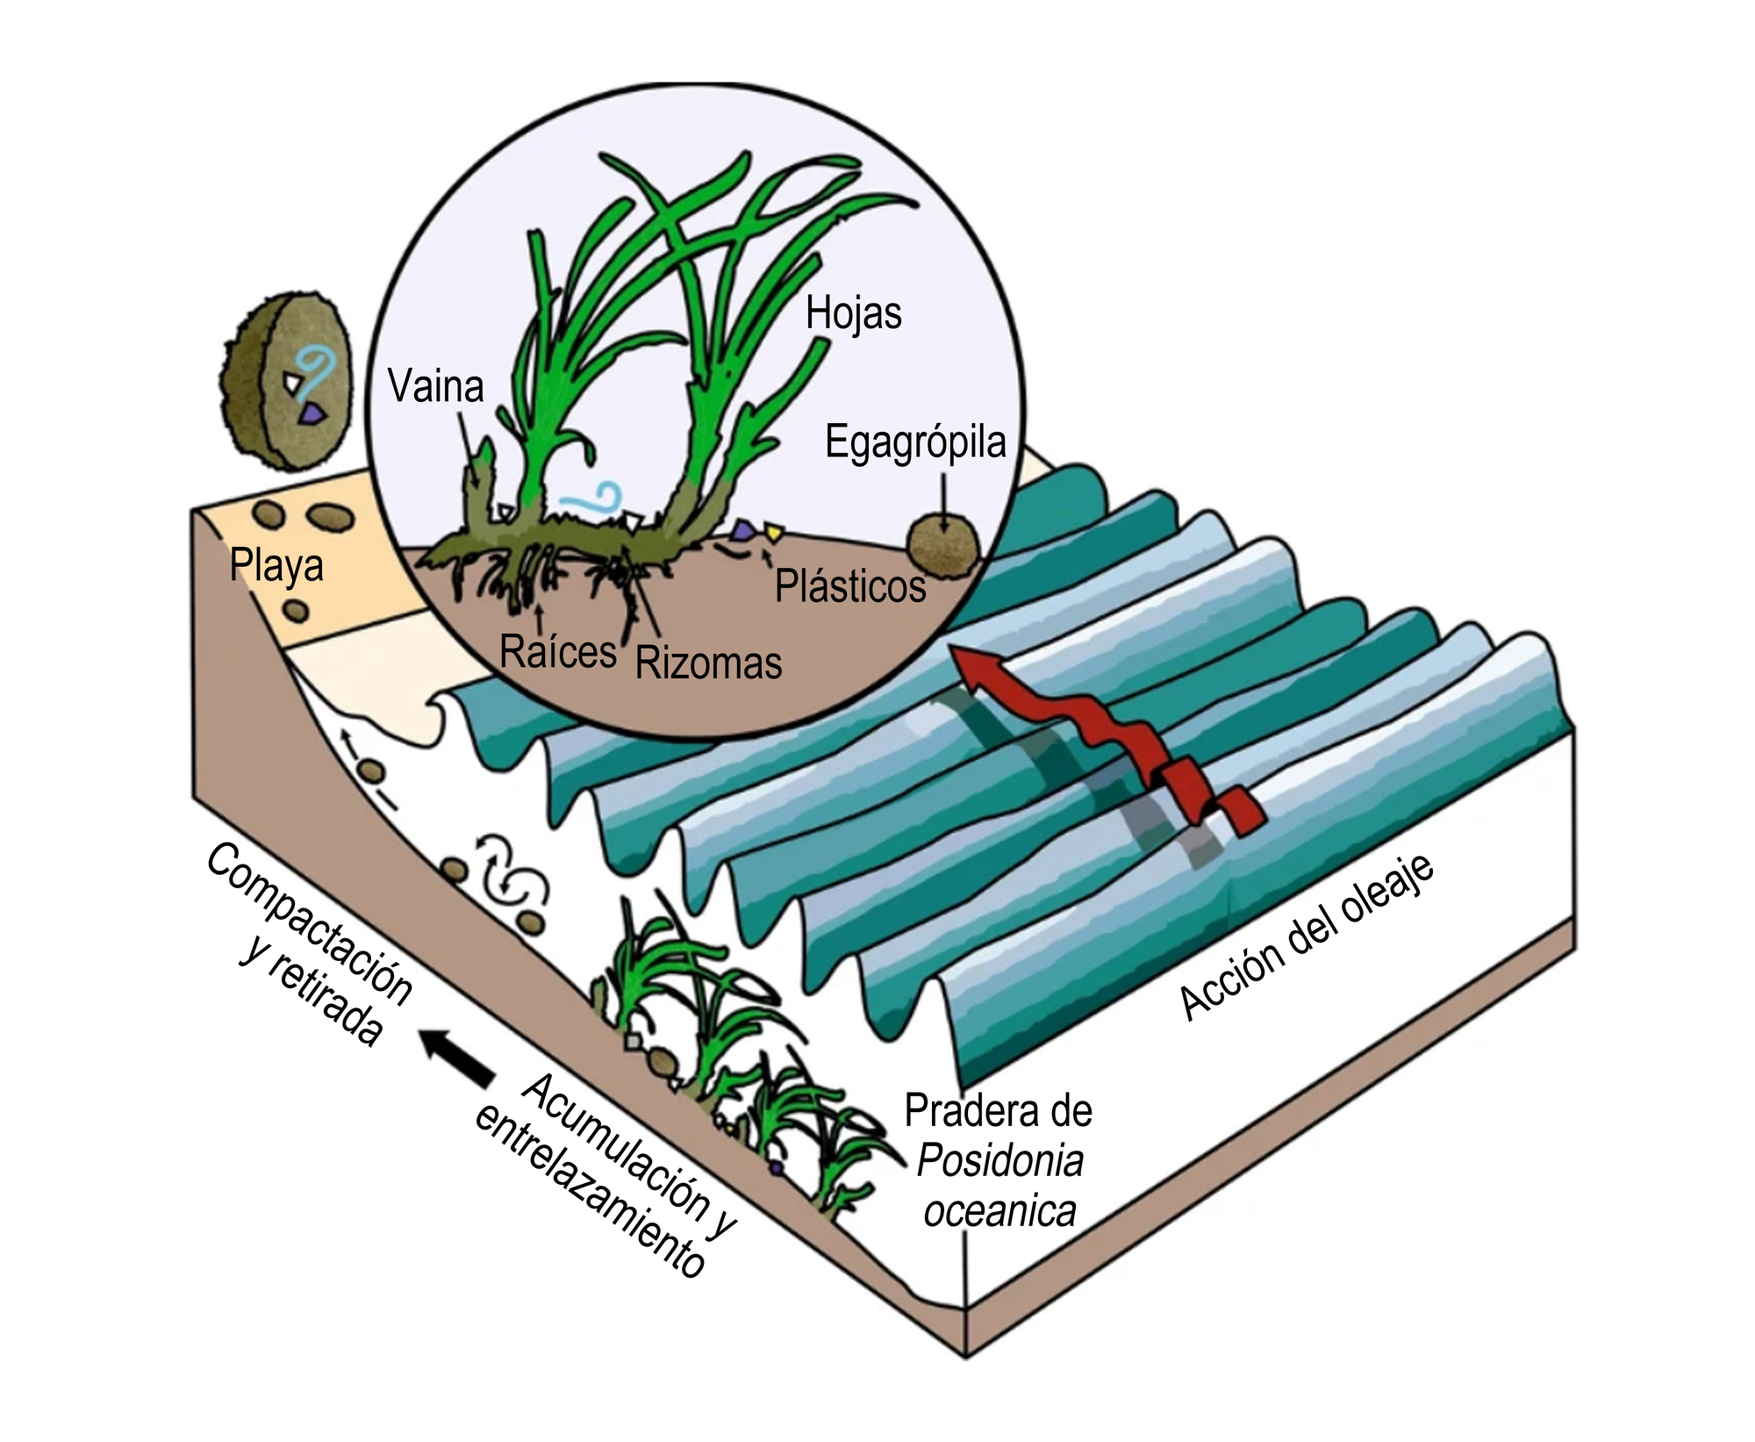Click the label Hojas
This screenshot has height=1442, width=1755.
tap(853, 313)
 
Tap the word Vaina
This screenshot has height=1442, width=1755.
tap(436, 386)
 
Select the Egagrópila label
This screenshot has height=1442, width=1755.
tap(914, 442)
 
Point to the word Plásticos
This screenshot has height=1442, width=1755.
tap(849, 586)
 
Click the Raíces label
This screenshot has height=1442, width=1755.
tap(558, 651)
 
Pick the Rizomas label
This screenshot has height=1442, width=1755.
tap(708, 663)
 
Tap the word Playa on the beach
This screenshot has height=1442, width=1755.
tap(276, 564)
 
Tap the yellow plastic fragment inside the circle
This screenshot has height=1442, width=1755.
tap(772, 530)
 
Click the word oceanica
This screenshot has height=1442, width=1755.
tap(999, 1212)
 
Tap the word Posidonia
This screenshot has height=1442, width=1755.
tap(999, 1161)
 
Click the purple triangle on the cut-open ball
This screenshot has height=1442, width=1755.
tap(311, 414)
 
